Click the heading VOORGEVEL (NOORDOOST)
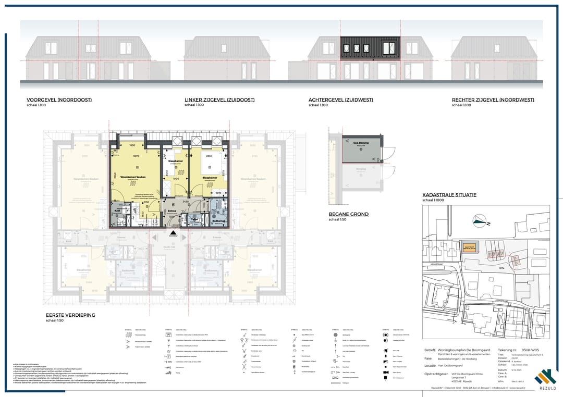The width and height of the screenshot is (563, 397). (x=59, y=100)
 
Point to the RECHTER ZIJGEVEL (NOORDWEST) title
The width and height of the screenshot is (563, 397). (x=493, y=100)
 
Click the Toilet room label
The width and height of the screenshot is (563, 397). (x=194, y=219)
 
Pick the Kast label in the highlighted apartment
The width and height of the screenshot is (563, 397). (x=118, y=210)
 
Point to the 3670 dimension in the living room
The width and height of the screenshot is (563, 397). (x=135, y=156)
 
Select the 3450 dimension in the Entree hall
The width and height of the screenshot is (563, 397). (x=185, y=201)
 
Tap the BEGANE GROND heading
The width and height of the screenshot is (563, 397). (x=349, y=214)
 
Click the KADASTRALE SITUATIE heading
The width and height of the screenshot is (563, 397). (x=449, y=195)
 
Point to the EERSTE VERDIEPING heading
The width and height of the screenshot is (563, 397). (x=71, y=315)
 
